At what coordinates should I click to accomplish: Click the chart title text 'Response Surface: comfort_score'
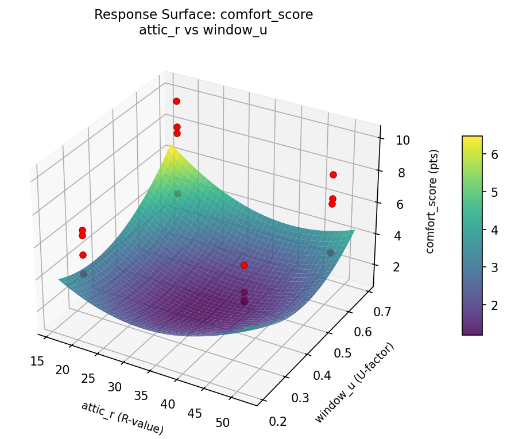click(x=203, y=15)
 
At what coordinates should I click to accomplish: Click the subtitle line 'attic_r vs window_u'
click(x=203, y=30)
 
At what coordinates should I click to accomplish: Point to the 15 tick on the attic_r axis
click(x=38, y=361)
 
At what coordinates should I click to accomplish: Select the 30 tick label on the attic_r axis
click(x=115, y=387)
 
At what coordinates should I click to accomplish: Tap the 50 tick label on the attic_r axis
click(x=223, y=423)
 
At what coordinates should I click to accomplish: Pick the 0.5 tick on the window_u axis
click(x=327, y=353)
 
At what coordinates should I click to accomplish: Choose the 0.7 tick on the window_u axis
click(x=357, y=312)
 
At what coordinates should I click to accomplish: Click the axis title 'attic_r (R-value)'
click(x=122, y=417)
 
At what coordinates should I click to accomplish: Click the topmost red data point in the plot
click(x=176, y=101)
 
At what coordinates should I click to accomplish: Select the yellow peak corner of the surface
click(x=171, y=147)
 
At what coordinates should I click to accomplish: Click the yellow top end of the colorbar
click(x=472, y=138)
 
